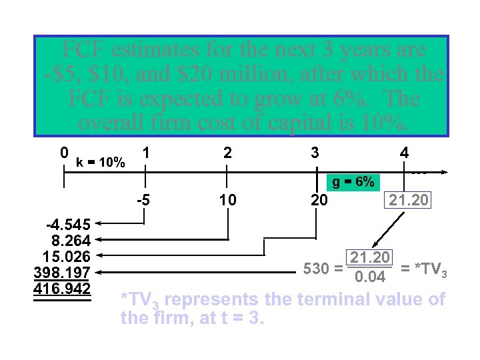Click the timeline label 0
click(x=63, y=153)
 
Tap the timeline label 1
click(x=145, y=153)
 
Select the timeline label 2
click(x=228, y=153)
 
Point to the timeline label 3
click(x=314, y=153)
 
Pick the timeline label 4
click(x=404, y=153)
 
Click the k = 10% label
click(x=101, y=162)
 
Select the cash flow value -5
click(x=142, y=199)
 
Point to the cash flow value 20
click(x=319, y=199)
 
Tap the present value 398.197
click(x=62, y=272)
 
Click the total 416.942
click(x=62, y=287)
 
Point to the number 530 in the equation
click(x=315, y=269)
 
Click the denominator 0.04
click(x=369, y=277)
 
